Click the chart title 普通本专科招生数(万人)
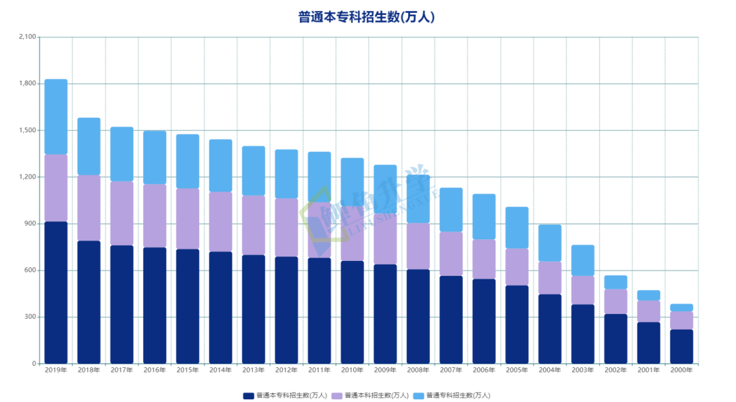pyautogui.click(x=367, y=17)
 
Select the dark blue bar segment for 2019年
pyautogui.click(x=56, y=292)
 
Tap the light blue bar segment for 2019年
pyautogui.click(x=56, y=117)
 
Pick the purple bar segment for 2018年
pyautogui.click(x=89, y=208)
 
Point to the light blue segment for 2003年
pyautogui.click(x=583, y=260)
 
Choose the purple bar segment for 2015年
pyautogui.click(x=187, y=219)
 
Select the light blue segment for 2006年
pyautogui.click(x=484, y=217)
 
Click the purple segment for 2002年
pyautogui.click(x=615, y=301)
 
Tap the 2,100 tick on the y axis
pyautogui.click(x=27, y=37)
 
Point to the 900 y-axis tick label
pyautogui.click(x=30, y=223)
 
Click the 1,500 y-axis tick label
pyautogui.click(x=27, y=130)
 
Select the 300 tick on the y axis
pyautogui.click(x=30, y=317)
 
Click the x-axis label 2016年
pyautogui.click(x=155, y=371)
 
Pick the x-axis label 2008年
pyautogui.click(x=418, y=371)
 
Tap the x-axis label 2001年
pyautogui.click(x=648, y=371)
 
